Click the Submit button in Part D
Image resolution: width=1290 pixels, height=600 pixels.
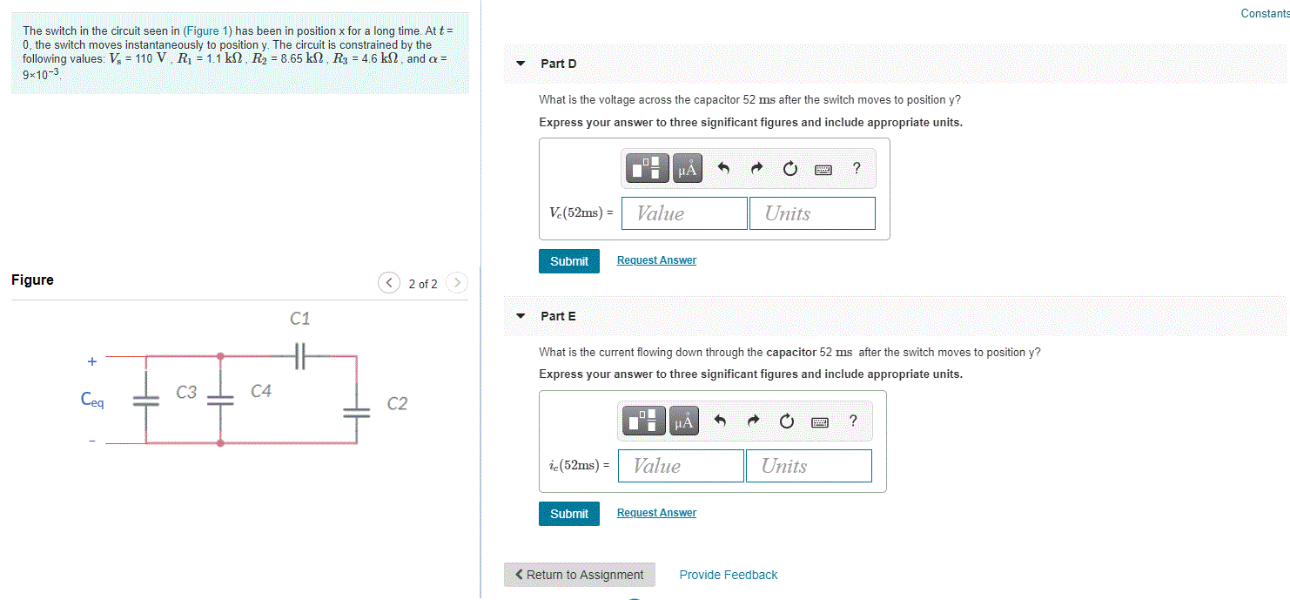pos(568,261)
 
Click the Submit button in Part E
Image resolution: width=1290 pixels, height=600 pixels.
pos(568,514)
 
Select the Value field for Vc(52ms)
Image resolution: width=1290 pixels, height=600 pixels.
pos(684,213)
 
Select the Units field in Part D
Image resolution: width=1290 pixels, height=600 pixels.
pos(811,213)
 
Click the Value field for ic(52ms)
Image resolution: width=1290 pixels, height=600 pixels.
pos(681,466)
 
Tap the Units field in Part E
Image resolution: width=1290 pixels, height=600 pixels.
pos(808,466)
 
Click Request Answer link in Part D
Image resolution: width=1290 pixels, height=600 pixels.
pos(656,260)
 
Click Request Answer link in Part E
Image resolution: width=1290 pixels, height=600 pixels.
pos(656,513)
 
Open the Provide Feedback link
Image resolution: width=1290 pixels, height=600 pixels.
pos(728,575)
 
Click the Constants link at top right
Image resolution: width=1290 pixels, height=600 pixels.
pos(1264,13)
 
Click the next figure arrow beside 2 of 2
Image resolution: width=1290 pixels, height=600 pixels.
pos(456,283)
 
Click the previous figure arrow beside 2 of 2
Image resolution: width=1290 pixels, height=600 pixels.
pos(389,283)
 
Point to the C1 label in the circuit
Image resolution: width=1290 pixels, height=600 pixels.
pos(300,319)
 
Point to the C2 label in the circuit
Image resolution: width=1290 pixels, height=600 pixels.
pos(397,403)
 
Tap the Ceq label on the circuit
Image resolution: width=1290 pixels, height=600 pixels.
pos(92,400)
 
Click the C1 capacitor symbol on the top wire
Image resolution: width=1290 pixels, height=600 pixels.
pos(301,355)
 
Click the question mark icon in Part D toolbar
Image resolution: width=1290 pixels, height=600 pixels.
pos(857,169)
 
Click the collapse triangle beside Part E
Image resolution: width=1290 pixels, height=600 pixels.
pos(521,316)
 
